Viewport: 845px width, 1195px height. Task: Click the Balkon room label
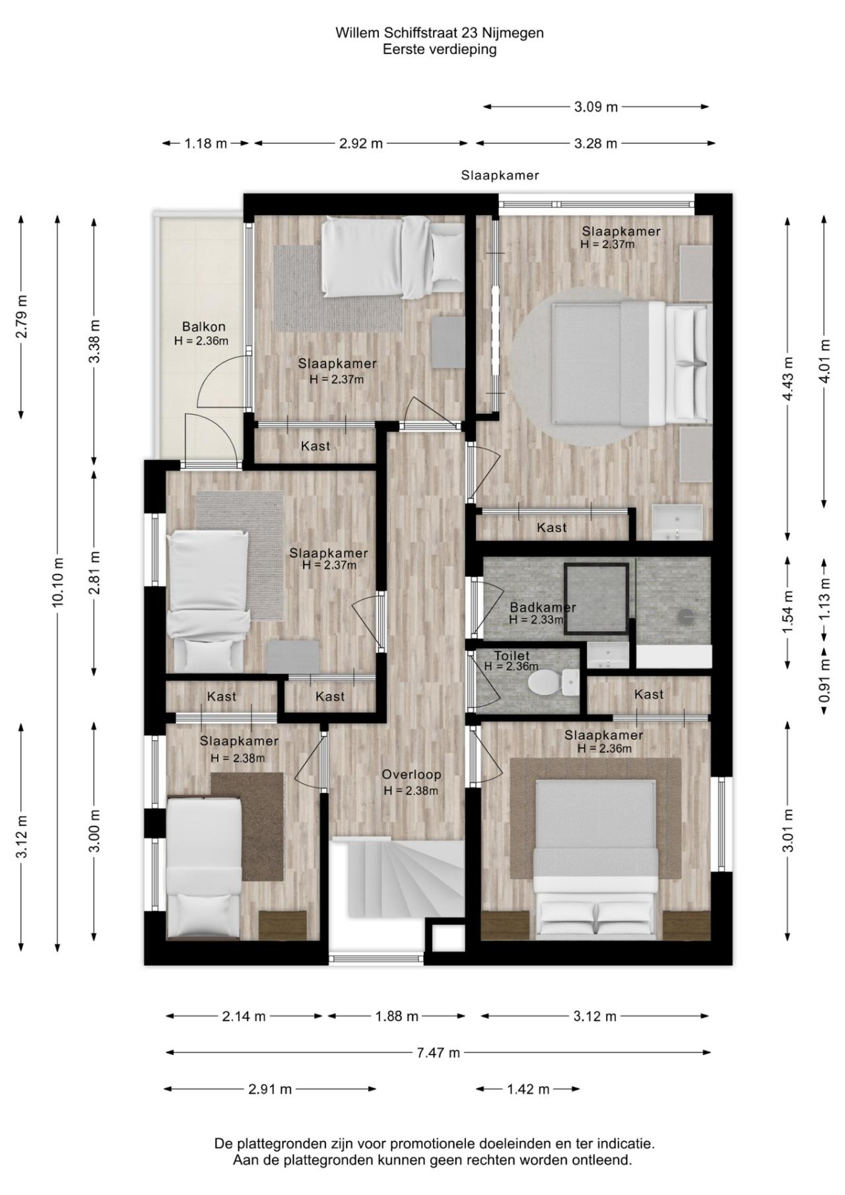[x=203, y=326]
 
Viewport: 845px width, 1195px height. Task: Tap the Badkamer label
[x=543, y=607]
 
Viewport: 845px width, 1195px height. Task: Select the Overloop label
[x=411, y=774]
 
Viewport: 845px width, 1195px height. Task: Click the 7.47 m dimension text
[x=438, y=1052]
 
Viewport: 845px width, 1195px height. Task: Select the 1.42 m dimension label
[x=528, y=1089]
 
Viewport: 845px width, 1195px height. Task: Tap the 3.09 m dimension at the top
[x=596, y=107]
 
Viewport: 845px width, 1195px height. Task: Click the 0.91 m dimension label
[x=824, y=681]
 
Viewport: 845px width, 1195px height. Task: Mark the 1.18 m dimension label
[x=206, y=143]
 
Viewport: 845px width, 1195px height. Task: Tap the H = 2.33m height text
[x=536, y=620]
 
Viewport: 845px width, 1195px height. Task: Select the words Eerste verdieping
[x=440, y=50]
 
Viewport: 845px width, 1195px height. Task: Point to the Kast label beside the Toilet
[x=649, y=695]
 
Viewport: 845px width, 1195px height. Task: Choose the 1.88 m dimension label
[x=397, y=1017]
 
